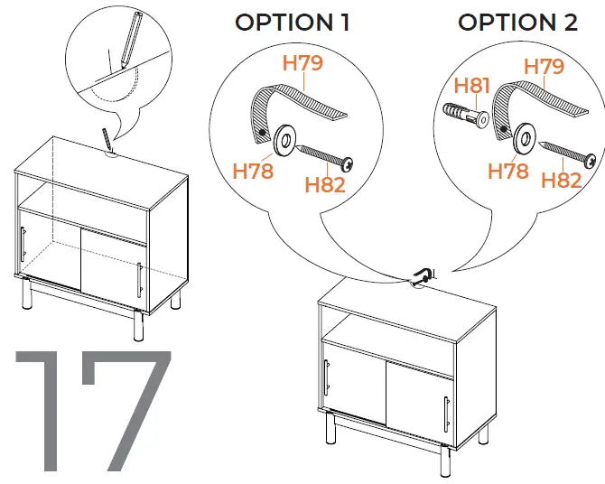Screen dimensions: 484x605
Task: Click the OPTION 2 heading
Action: [x=517, y=23]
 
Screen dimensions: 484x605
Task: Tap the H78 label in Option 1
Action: [x=253, y=170]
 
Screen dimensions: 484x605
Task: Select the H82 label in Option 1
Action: [x=325, y=185]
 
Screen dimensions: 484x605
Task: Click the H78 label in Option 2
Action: [x=507, y=170]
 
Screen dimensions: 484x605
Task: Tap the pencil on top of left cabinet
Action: [x=107, y=138]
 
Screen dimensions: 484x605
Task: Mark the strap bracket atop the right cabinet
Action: [x=423, y=276]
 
